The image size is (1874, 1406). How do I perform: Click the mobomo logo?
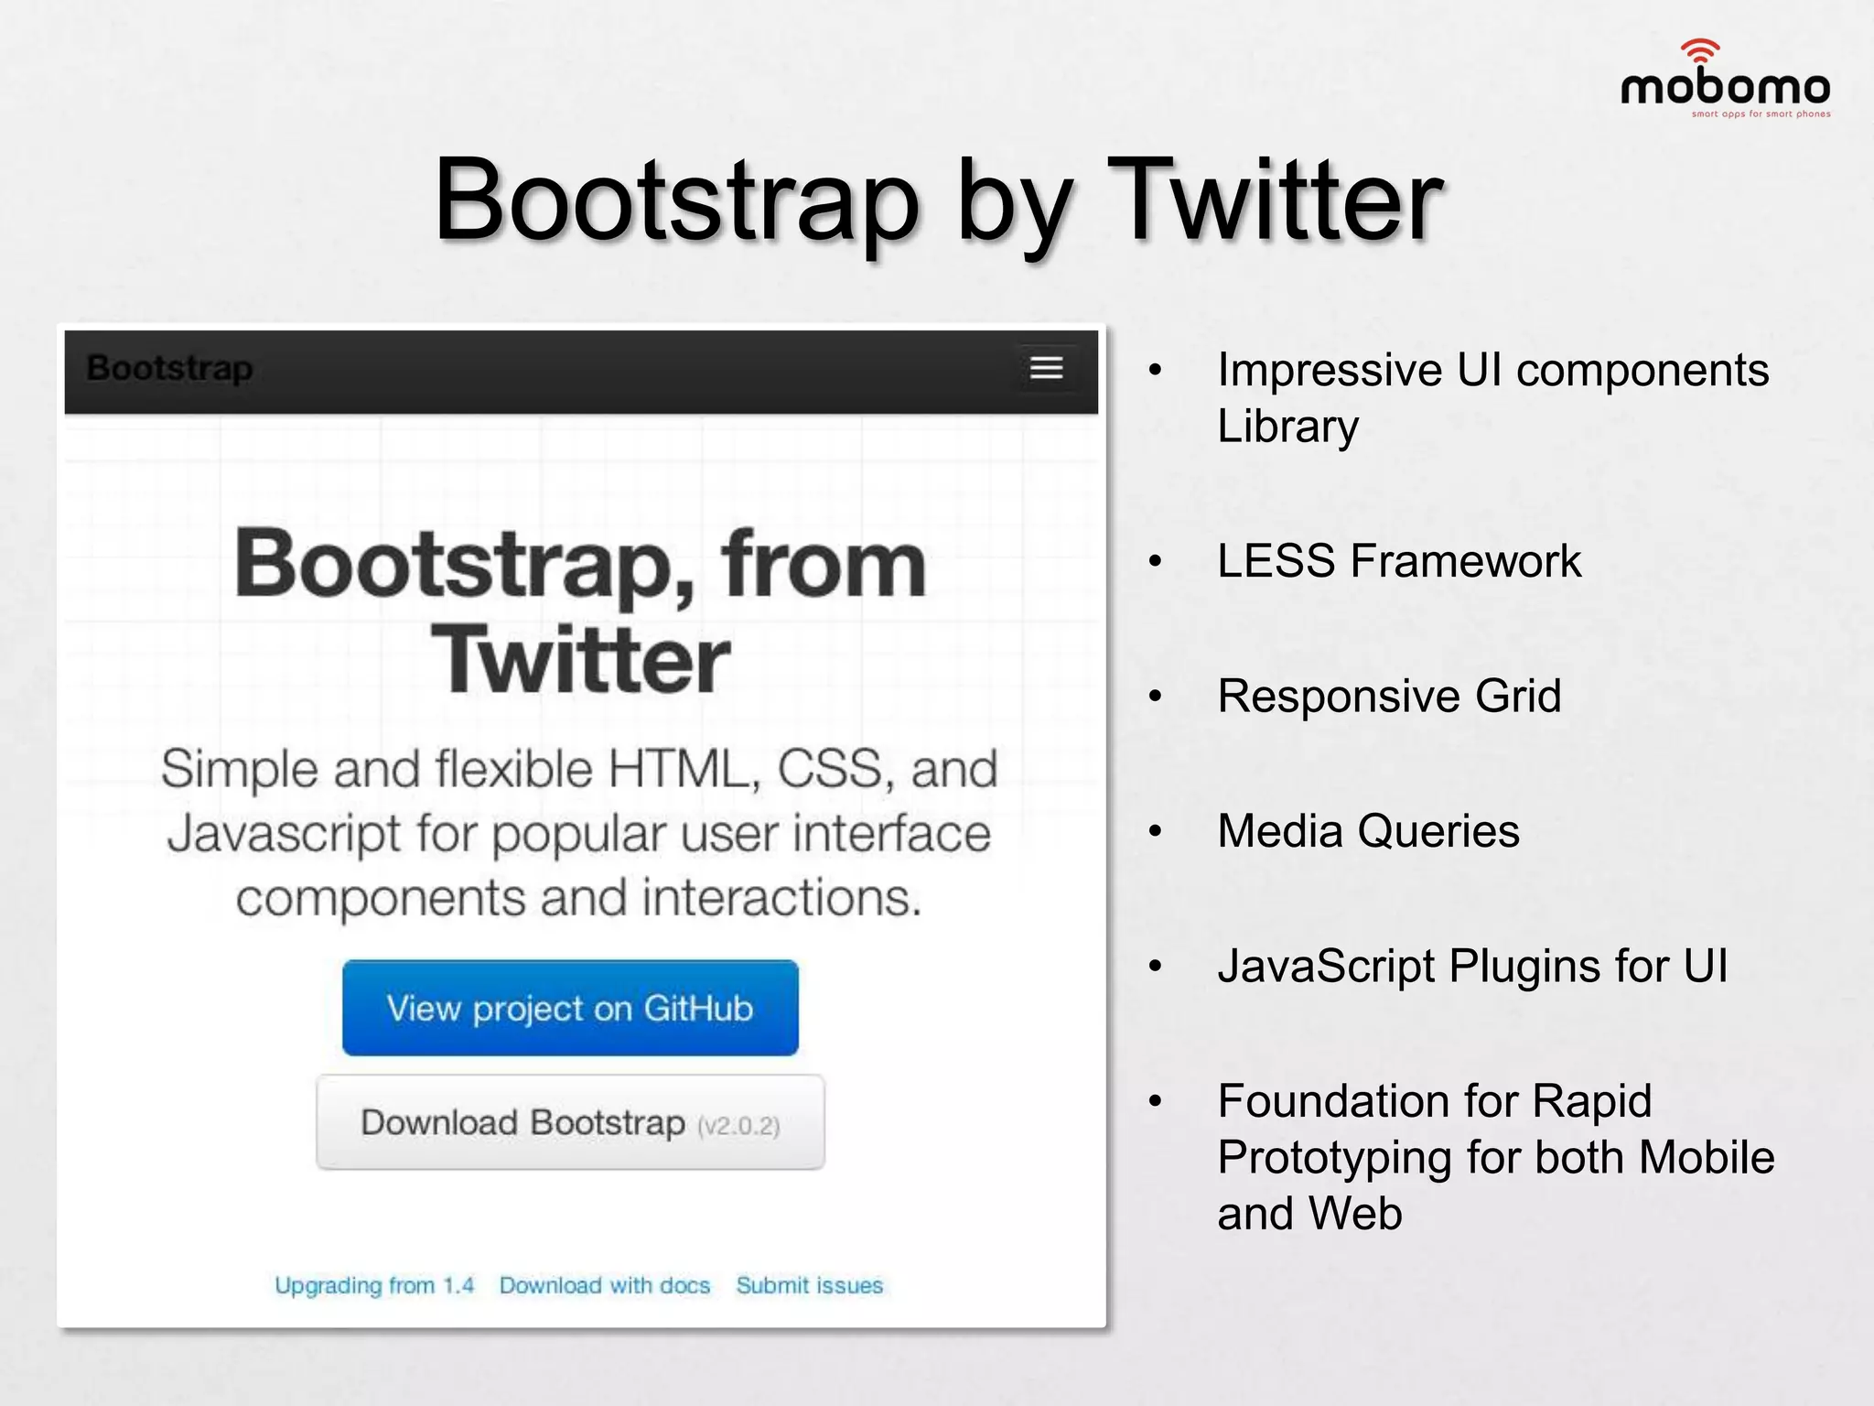1725,87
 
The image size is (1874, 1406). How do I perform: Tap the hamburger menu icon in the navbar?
1046,368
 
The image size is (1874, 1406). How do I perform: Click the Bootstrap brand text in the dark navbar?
169,368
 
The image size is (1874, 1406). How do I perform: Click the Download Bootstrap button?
570,1122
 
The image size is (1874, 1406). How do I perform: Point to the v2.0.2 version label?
738,1126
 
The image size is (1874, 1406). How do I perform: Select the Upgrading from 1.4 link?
374,1286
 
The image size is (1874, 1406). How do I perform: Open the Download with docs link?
605,1286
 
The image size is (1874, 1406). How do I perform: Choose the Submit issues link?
810,1286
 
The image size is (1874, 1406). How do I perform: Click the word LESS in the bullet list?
1276,561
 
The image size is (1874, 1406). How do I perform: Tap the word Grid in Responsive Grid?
1518,697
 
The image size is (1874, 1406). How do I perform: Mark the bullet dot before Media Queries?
1156,831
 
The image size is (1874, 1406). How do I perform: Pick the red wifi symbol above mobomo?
1700,50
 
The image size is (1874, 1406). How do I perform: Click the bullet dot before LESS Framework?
1156,561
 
